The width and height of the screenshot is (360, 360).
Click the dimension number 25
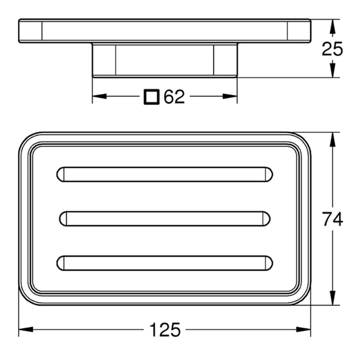coord(332,49)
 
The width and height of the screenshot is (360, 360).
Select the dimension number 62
coord(174,97)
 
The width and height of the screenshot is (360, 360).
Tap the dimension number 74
coord(332,219)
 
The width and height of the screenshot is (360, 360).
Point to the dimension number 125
coord(165,330)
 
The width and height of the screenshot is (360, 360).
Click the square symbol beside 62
coord(152,97)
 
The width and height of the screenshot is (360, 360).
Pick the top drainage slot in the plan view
coord(165,175)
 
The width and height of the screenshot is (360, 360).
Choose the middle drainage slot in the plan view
coord(165,219)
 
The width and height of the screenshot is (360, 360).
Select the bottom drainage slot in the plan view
coord(165,263)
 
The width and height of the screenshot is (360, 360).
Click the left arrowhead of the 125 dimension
coord(26,330)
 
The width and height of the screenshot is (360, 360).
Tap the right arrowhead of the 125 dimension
coord(303,330)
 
